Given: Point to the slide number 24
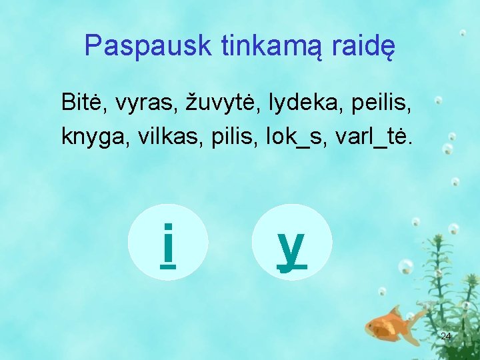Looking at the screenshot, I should pyautogui.click(x=446, y=335).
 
